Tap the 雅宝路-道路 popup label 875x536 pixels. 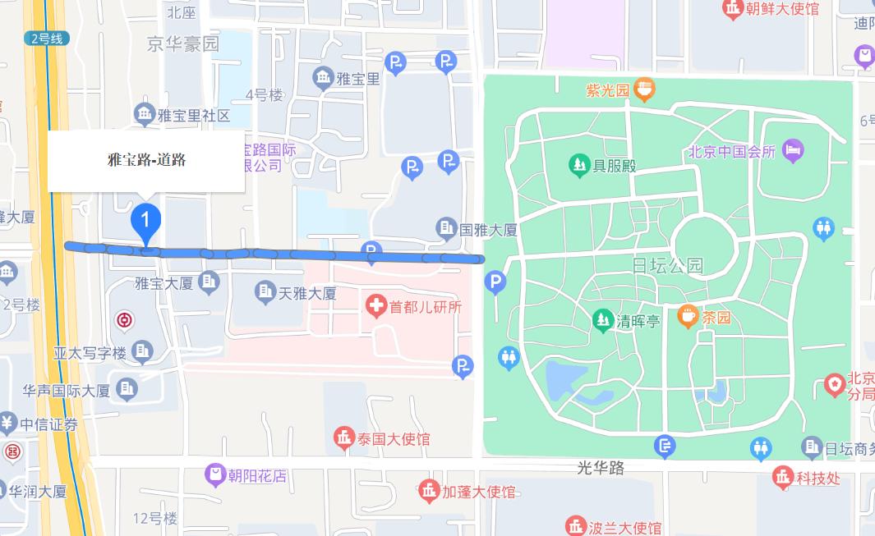point(146,160)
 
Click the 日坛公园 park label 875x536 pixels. point(668,265)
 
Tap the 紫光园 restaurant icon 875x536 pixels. point(644,89)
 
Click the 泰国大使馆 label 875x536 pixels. point(393,439)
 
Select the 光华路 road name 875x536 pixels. point(601,468)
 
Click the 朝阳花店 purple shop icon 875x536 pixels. point(215,474)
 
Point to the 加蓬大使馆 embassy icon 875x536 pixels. point(428,492)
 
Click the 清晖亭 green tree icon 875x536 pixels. point(603,319)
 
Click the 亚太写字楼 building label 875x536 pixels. point(90,353)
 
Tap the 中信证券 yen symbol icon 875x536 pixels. point(7,424)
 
